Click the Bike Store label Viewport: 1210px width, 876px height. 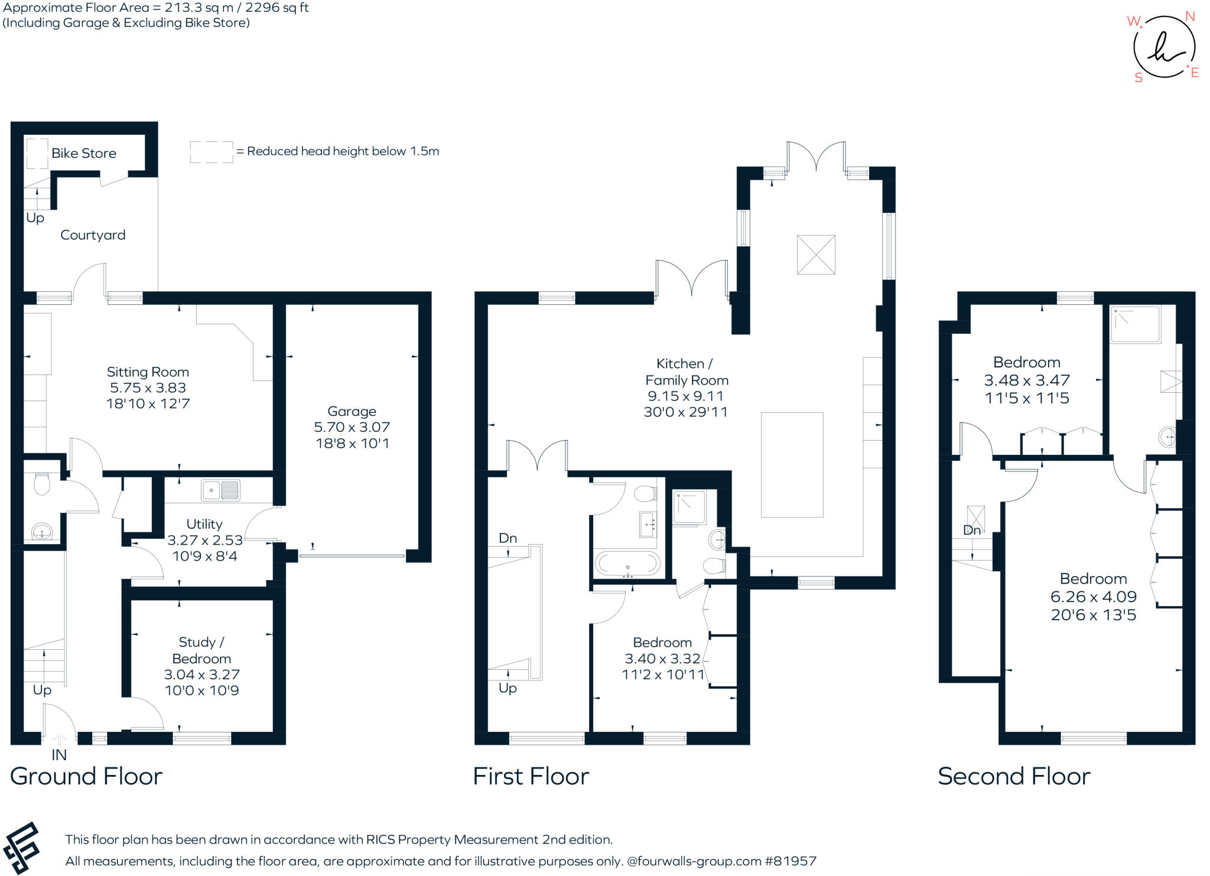coord(83,153)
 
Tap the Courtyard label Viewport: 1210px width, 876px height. coord(93,235)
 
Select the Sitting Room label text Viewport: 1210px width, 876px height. coord(148,372)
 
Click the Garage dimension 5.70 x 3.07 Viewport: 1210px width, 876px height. coord(352,427)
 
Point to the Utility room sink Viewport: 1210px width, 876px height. coord(220,490)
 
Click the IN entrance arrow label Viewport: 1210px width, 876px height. coord(59,754)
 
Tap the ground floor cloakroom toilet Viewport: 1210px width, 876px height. coord(42,484)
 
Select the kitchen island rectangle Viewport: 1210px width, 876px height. coord(792,465)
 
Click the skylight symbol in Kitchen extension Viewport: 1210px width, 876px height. coord(816,255)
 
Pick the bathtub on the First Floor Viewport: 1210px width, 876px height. coord(627,564)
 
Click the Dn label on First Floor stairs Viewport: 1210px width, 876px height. coord(508,538)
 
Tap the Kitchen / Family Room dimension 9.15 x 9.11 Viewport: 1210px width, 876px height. coord(685,396)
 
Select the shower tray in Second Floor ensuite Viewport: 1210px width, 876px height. coord(1135,324)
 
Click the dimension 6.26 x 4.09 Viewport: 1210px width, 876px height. coord(1093,597)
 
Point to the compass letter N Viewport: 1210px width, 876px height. coord(1190,17)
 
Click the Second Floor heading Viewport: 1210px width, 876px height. coord(1014,776)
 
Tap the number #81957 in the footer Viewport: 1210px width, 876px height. coord(791,861)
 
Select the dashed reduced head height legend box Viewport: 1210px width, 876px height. coord(211,152)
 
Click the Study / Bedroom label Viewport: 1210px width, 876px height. coord(201,650)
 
